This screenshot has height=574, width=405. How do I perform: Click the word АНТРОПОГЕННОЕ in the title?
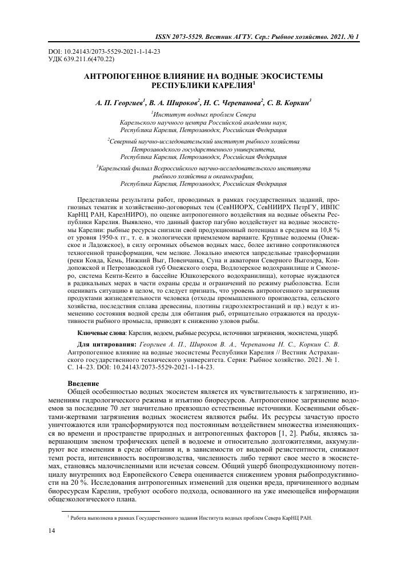click(130, 76)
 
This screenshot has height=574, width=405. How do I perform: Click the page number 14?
click(52, 533)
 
